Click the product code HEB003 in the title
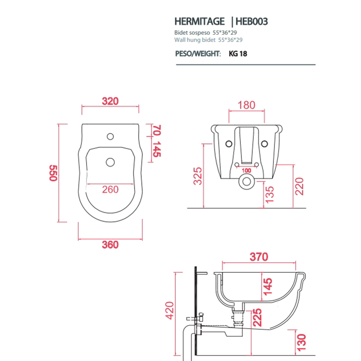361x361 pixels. click(252, 22)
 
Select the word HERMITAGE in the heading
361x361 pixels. click(200, 22)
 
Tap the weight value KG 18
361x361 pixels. click(238, 54)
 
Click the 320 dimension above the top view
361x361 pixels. click(110, 101)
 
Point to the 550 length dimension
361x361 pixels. click(53, 173)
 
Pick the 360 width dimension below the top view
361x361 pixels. click(110, 245)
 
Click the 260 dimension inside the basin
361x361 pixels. click(110, 189)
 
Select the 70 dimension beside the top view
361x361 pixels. click(157, 130)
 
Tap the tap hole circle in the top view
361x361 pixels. click(110, 137)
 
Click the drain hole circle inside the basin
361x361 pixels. click(110, 162)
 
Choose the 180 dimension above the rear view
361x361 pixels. click(247, 105)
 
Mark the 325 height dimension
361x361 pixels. click(198, 176)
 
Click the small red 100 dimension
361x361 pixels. click(247, 171)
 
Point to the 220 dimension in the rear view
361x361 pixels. click(299, 187)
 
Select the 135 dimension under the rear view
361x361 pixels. click(270, 195)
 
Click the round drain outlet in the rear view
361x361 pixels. click(247, 182)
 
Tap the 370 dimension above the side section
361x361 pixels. click(259, 257)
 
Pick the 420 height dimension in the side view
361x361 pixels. click(170, 310)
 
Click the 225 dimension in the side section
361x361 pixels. click(257, 318)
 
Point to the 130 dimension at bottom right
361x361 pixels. click(301, 343)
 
